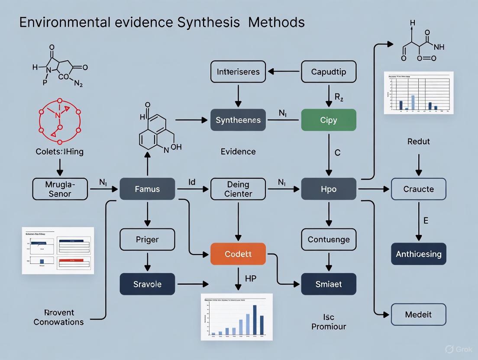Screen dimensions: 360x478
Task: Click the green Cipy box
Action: click(329, 120)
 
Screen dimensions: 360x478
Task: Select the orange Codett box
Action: click(238, 254)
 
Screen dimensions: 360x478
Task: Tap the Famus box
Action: click(147, 189)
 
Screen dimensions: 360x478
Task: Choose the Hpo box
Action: click(329, 189)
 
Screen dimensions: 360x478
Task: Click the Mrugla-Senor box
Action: click(60, 189)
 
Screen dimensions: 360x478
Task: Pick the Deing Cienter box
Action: click(238, 189)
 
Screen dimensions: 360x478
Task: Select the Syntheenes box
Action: click(238, 120)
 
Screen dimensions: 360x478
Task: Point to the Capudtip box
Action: click(329, 72)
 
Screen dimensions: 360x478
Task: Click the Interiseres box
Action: click(238, 72)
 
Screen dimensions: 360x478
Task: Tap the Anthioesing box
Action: click(418, 254)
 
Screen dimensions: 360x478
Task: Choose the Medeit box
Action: click(418, 315)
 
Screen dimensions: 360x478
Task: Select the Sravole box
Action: click(147, 284)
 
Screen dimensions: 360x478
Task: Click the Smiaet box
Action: click(329, 284)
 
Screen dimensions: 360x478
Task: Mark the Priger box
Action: click(147, 239)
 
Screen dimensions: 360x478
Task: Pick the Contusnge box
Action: click(329, 239)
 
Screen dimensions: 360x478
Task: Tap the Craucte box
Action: click(418, 189)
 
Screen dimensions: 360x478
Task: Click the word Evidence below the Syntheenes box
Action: click(238, 151)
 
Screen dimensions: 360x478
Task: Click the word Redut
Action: click(419, 141)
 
